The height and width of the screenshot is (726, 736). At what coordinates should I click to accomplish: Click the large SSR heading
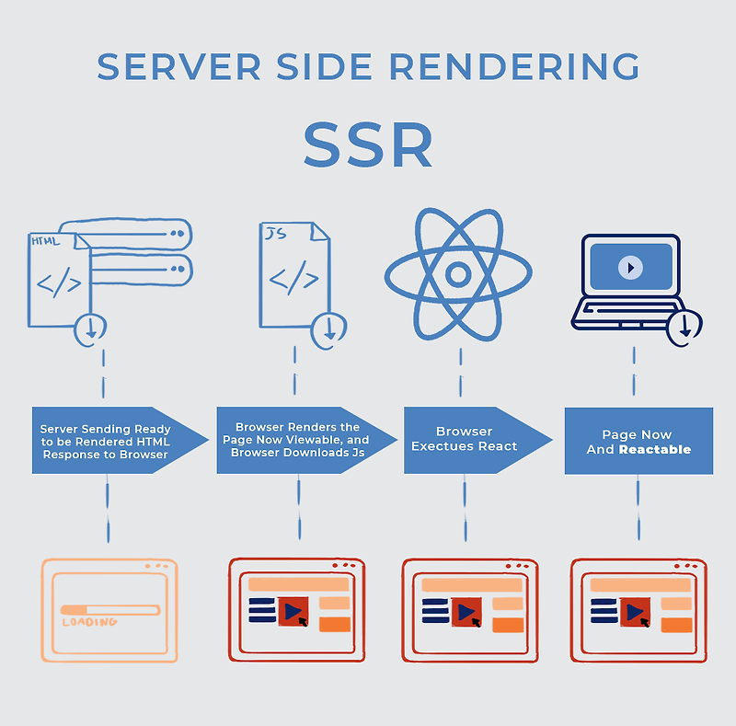pos(368,145)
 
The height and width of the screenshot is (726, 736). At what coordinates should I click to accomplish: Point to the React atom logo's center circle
pos(457,273)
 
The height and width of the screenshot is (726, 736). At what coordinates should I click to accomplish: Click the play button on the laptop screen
pos(630,268)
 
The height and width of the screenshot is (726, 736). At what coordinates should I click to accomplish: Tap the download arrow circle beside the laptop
pos(685,326)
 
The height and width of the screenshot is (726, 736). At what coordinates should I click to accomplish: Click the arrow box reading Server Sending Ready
pos(106,440)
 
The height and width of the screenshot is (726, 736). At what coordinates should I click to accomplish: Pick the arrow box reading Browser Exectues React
pos(465,439)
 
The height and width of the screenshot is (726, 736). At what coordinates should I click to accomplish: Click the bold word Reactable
pos(654,450)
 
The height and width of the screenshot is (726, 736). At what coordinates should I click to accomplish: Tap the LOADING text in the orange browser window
pos(89,622)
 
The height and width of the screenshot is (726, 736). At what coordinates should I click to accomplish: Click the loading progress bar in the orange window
pos(109,608)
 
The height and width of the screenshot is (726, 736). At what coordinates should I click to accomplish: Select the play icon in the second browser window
pos(293,611)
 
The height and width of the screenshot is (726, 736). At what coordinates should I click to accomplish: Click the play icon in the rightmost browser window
pos(635,611)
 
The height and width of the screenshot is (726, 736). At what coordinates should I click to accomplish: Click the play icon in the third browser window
pos(466,611)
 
